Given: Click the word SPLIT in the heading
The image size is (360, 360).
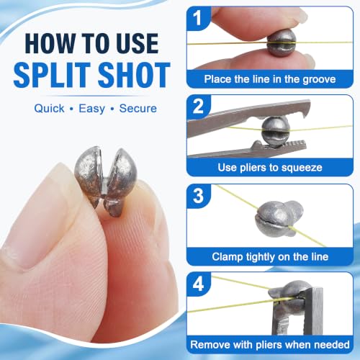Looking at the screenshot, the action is [52, 74].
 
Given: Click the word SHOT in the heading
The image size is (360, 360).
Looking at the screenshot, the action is [134, 74].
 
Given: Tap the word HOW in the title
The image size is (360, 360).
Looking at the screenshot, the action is [50, 43].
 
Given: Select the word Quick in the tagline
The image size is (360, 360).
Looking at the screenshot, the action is [49, 109].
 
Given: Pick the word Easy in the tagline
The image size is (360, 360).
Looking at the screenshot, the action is [91, 109].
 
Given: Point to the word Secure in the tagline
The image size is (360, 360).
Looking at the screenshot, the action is [138, 109].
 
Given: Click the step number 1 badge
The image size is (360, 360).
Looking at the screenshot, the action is [198, 18].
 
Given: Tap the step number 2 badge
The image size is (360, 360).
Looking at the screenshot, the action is [198, 107].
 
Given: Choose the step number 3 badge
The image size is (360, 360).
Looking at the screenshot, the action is [198, 196].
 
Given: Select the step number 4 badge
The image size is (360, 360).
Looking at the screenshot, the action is [198, 284].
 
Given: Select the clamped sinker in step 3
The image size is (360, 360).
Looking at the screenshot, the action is [279, 217].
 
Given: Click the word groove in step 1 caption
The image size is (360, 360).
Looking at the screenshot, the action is [319, 79].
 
